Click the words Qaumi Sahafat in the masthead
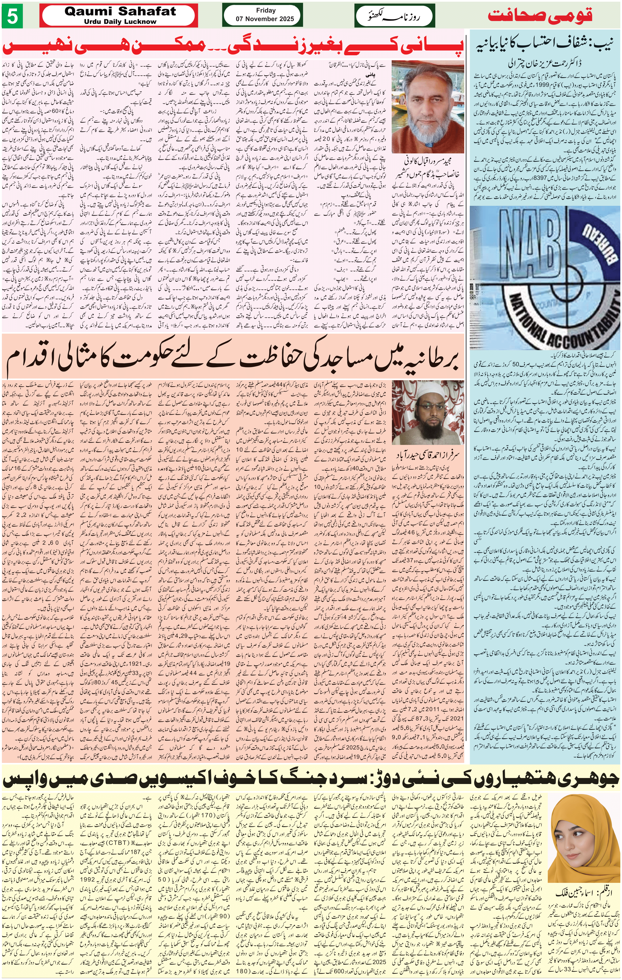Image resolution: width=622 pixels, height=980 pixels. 120,11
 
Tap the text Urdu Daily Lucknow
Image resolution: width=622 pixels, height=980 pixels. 120,22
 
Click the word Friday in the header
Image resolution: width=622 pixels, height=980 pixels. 266,11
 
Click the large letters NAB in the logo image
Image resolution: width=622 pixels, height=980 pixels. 529,240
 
